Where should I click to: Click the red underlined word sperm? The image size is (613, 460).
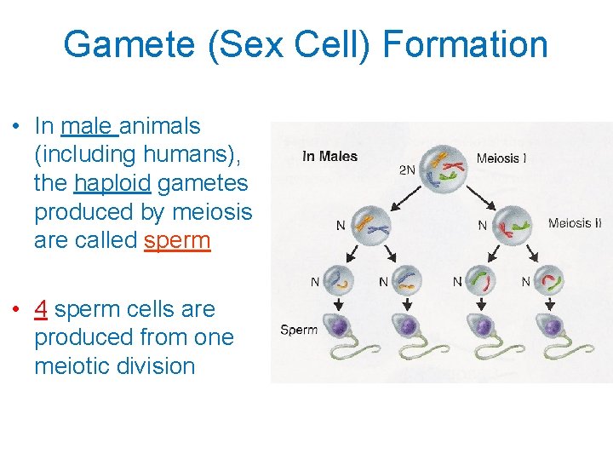177,240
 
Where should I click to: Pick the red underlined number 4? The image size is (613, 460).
41,308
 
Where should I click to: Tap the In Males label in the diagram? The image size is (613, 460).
329,156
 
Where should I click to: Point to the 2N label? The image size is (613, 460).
407,170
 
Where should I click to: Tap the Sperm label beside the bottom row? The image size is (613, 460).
299,330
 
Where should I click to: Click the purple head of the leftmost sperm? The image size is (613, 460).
338,325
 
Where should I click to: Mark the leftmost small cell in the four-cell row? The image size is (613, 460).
338,279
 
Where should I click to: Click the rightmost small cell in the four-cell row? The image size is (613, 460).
551,279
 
